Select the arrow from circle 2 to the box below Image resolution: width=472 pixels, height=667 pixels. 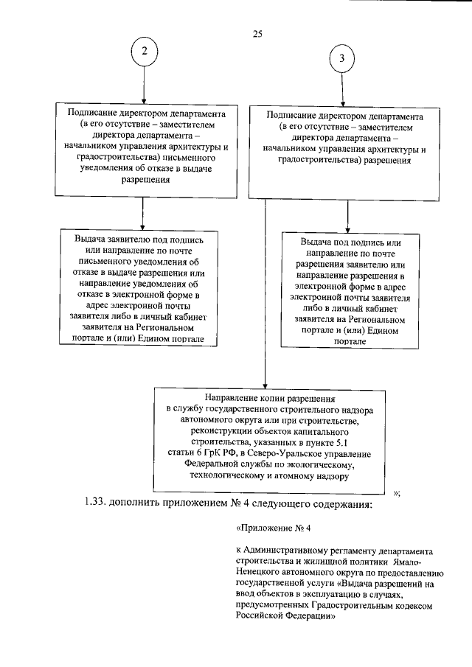click(x=144, y=84)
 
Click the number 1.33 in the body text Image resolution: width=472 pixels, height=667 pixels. click(x=97, y=504)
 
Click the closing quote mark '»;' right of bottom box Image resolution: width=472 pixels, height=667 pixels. click(x=396, y=492)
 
